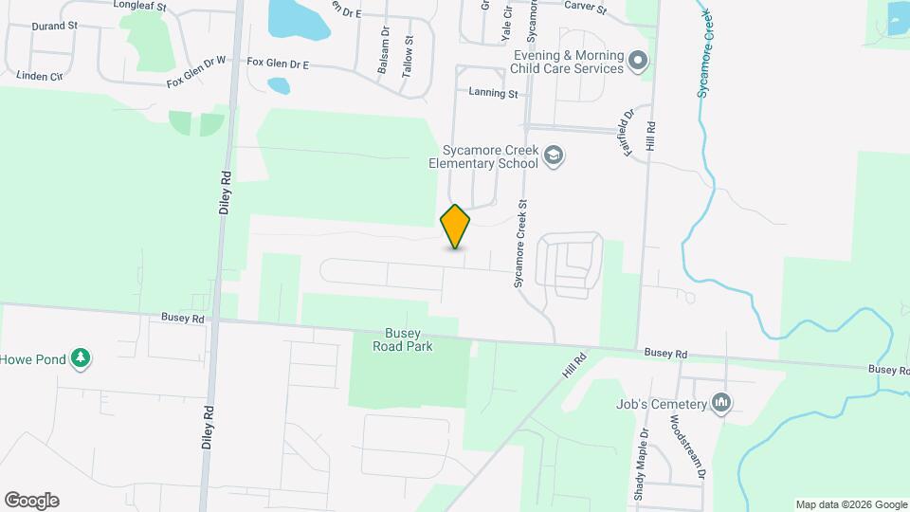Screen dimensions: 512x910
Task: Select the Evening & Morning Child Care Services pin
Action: click(639, 63)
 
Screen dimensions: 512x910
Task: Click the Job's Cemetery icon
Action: click(722, 404)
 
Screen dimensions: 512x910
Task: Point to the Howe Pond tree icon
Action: click(83, 358)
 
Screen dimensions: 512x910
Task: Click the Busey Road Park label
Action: click(409, 339)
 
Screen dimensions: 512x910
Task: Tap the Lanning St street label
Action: click(494, 93)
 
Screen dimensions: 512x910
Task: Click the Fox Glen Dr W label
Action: click(196, 72)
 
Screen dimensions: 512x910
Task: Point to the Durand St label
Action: click(54, 26)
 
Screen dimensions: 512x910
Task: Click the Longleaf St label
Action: click(139, 5)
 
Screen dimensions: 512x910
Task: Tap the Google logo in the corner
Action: click(31, 501)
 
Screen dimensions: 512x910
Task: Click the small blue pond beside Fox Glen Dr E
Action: click(278, 85)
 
